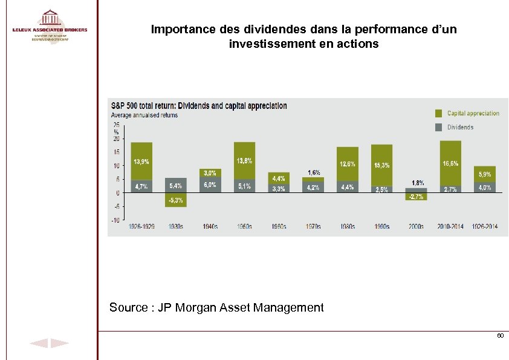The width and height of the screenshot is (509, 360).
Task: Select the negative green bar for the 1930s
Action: [176, 200]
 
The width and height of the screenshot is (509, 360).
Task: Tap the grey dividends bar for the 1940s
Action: [210, 185]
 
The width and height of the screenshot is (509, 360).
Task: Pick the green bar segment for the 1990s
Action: [381, 165]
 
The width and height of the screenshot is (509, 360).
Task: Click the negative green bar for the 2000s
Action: [416, 197]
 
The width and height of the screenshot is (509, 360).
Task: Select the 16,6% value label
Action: [450, 163]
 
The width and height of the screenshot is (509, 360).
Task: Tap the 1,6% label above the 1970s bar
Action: [314, 172]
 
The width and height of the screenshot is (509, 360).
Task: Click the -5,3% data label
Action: [176, 200]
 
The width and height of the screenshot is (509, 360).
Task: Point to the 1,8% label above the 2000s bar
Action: [418, 182]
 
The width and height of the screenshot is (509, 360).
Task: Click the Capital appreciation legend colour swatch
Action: [438, 113]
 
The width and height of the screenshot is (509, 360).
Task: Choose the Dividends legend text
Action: [460, 127]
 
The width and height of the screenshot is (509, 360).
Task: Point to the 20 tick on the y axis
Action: [115, 138]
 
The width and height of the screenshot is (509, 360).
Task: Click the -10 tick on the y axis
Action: [114, 220]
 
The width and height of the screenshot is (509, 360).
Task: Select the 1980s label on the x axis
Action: [347, 227]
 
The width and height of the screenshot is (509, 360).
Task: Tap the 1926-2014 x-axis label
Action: [484, 227]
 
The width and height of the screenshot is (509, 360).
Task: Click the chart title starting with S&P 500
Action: [198, 106]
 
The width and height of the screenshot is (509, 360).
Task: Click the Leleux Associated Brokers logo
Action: [50, 25]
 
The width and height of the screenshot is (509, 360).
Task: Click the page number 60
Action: [499, 335]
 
